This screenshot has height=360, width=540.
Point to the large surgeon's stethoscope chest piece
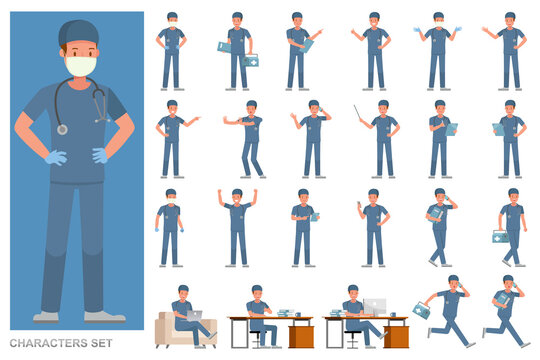(x=62, y=128)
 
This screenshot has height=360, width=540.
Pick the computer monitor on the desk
(x=374, y=306)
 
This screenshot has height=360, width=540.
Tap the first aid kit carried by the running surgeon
(x=422, y=312)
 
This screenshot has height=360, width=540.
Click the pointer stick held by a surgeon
(x=358, y=111)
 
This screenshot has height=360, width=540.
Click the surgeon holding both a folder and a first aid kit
(x=238, y=52)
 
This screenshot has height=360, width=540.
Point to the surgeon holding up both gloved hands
(x=437, y=51)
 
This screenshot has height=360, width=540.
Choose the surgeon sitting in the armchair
(x=183, y=313)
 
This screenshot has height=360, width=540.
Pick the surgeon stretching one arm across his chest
(x=247, y=140)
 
